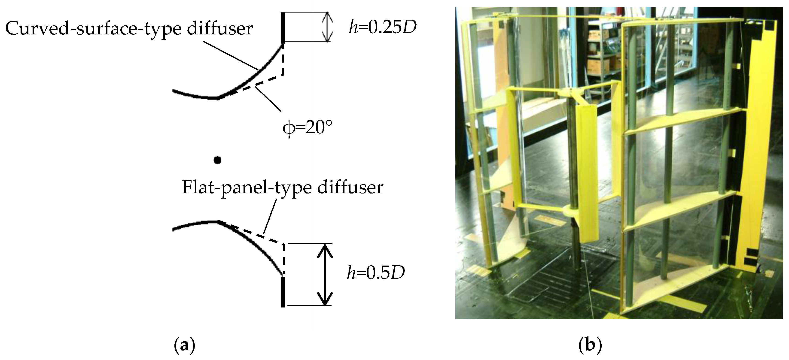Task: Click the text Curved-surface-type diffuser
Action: (129, 29)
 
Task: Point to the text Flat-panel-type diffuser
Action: (282, 187)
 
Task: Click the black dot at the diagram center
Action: (217, 160)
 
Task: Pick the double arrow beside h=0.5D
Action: (324, 274)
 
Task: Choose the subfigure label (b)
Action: (590, 345)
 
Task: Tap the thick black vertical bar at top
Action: (283, 27)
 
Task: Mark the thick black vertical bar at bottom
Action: (283, 291)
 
